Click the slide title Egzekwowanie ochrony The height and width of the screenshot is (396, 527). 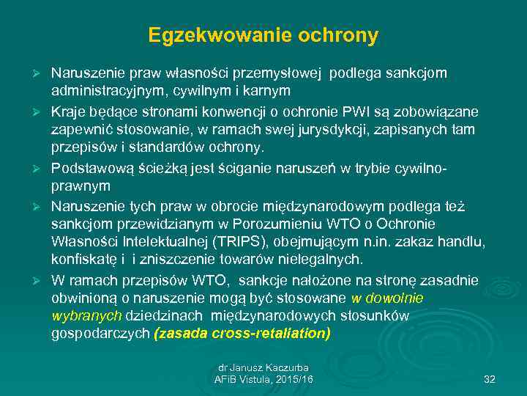click(263, 34)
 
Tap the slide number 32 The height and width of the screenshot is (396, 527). click(490, 379)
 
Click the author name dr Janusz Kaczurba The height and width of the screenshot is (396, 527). click(263, 367)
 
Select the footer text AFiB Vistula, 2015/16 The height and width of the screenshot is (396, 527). click(263, 379)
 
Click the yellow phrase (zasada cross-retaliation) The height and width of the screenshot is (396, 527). click(242, 334)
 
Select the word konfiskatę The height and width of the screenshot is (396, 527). click(85, 260)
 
